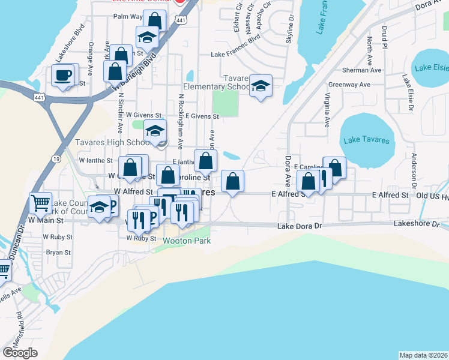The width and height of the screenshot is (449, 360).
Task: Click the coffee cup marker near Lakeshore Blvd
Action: [x=64, y=76]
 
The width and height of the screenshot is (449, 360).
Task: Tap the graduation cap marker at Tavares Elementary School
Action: [x=261, y=86]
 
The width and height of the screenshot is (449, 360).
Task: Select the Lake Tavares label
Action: [x=366, y=141]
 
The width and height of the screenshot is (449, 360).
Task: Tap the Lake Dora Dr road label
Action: [x=300, y=226]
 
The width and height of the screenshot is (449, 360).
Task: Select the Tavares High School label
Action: [x=113, y=143]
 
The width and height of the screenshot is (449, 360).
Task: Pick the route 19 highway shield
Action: [x=55, y=158]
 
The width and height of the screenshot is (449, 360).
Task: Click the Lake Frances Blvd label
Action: [x=235, y=54]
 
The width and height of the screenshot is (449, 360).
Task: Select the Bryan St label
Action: [x=58, y=253]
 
